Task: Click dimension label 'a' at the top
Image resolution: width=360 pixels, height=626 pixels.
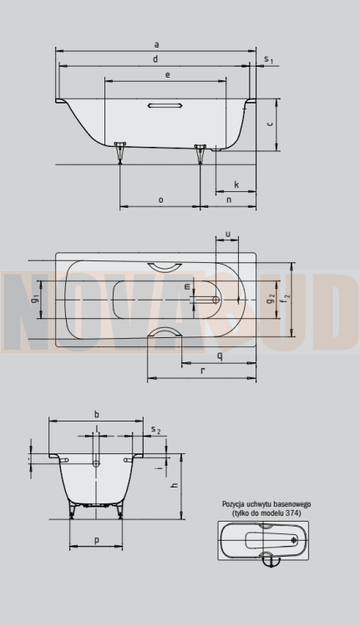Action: pos(156,43)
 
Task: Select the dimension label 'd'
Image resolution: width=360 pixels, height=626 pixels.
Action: pos(156,58)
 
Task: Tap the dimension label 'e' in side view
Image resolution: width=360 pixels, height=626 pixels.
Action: pos(168,75)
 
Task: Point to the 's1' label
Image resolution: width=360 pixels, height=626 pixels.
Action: pos(268,59)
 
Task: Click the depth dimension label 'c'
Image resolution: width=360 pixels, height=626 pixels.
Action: pos(271,123)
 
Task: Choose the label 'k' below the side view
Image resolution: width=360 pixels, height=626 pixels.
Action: pos(236,184)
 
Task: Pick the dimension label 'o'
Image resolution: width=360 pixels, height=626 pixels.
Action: pos(160,199)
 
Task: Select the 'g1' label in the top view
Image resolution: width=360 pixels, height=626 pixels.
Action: pos(35,299)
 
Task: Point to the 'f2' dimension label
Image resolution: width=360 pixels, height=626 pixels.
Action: pos(286,297)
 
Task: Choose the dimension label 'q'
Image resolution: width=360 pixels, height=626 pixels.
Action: pos(219,356)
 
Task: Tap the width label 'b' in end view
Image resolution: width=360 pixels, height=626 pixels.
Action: pos(97,414)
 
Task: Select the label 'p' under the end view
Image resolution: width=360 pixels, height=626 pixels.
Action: pos(97,541)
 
